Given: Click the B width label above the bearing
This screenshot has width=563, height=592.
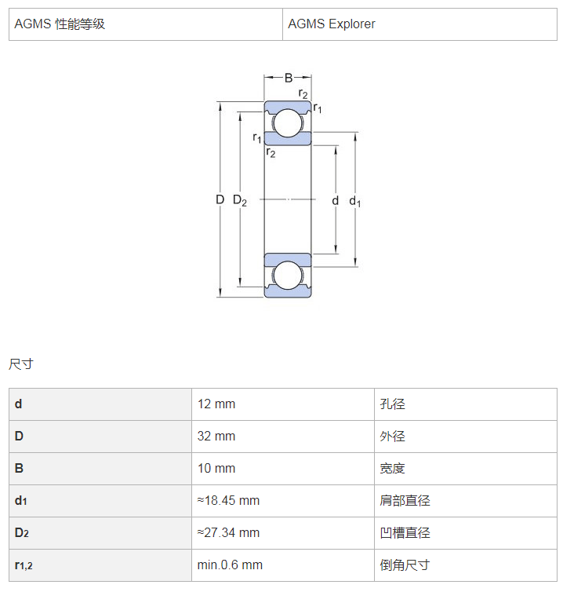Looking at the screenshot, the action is point(289,78).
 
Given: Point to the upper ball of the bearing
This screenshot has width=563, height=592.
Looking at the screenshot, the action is point(288,123).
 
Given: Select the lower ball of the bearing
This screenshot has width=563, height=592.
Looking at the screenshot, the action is point(288,276).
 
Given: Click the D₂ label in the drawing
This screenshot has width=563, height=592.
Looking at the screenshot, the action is point(240,200).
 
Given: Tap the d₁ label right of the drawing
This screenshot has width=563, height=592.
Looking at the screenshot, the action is point(355,201).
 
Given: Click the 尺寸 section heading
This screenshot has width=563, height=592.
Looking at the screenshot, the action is point(21,364).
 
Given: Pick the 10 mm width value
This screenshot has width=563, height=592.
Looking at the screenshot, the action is point(216,468).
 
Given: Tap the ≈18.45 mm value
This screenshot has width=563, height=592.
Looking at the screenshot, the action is point(228,501).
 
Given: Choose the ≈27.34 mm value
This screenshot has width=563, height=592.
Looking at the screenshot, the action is point(228,533).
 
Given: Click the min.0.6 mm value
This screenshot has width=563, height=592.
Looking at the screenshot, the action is point(230,565).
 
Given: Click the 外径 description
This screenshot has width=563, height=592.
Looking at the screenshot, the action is point(393,436).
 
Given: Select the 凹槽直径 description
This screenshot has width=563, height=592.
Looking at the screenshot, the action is point(405,533).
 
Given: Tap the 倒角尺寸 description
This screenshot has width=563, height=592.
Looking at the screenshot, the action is point(405,565).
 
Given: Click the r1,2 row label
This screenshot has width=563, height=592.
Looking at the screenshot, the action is point(24,565).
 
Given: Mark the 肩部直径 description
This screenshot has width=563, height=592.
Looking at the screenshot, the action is point(405,501).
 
